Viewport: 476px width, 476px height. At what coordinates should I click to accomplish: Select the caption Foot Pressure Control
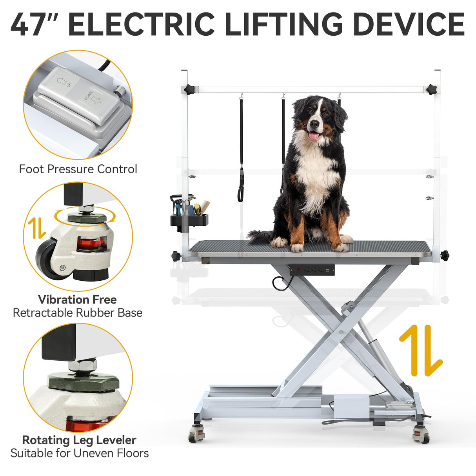[x=78, y=169]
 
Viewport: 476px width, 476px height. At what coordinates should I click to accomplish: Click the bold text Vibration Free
[x=77, y=300]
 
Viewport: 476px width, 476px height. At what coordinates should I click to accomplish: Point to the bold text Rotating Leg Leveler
[x=79, y=440]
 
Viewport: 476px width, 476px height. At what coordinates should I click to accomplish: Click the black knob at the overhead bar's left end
[x=190, y=89]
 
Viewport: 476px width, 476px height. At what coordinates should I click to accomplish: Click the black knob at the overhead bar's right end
[x=432, y=89]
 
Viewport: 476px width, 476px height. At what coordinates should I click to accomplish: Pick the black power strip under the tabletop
[x=312, y=270]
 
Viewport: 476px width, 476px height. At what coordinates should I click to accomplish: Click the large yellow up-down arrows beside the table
[x=421, y=350]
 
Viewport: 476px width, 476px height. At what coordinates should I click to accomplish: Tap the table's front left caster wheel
[x=196, y=435]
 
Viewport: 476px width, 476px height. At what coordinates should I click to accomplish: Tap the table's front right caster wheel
[x=421, y=435]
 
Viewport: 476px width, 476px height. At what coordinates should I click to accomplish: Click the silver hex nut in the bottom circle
[x=82, y=365]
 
